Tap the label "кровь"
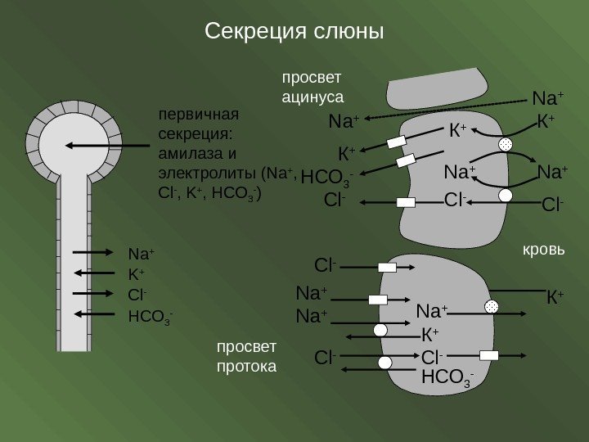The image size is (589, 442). (542, 247)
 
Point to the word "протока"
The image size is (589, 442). (247, 364)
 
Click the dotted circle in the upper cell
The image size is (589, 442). (506, 145)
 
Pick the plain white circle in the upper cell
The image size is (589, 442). (505, 196)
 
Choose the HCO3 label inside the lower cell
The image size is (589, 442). (447, 377)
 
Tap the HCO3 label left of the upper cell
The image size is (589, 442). (327, 177)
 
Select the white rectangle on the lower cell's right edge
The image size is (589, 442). (489, 355)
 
